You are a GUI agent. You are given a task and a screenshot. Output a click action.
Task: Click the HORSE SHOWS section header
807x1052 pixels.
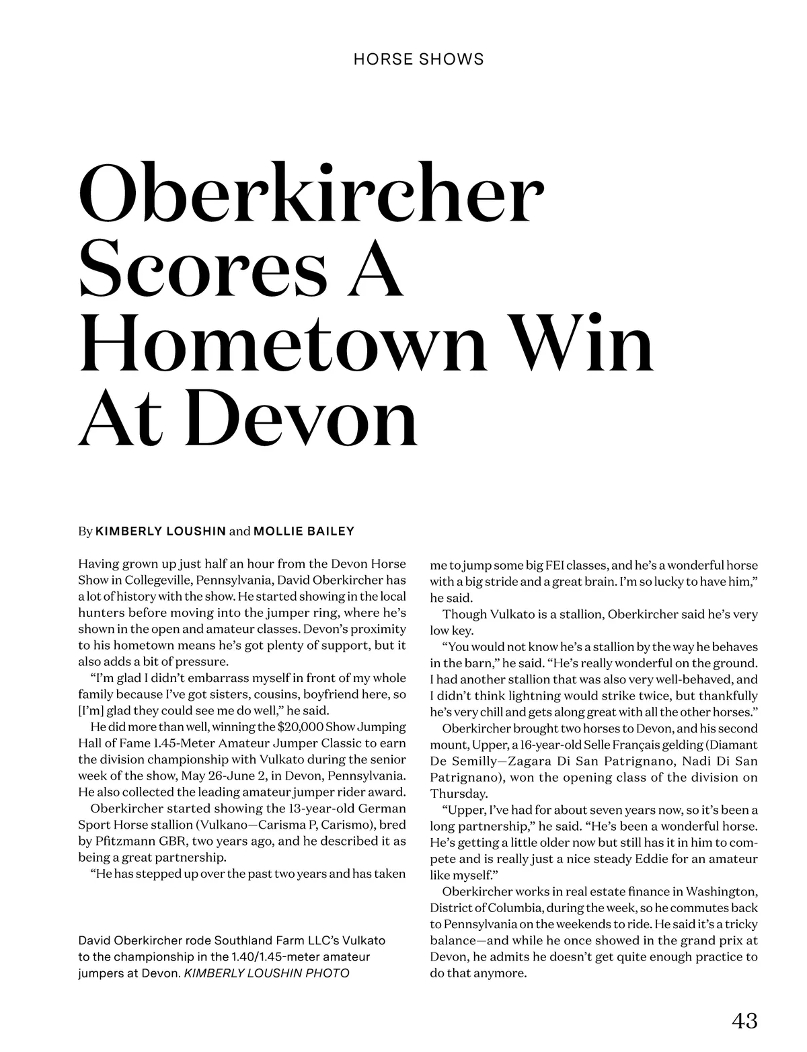(418, 59)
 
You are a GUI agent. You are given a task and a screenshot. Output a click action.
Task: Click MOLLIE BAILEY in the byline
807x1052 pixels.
(304, 531)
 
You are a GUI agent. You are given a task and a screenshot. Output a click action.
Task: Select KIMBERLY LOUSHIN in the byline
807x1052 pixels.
(161, 531)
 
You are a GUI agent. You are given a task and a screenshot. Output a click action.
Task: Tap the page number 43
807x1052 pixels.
(744, 1021)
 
